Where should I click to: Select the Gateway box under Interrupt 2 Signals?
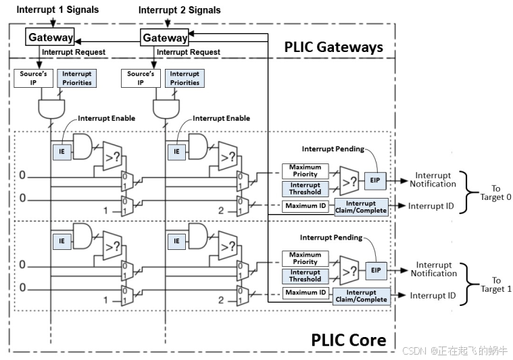pos(164,38)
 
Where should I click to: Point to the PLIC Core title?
pos(349,339)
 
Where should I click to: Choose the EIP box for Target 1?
pos(375,269)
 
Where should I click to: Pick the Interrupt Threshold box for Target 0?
pos(306,188)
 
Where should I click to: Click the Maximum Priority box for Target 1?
pos(306,258)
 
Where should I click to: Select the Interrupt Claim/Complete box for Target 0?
pos(360,207)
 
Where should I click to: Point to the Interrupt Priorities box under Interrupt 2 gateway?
pos(185,78)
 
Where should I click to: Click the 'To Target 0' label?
pos(497,192)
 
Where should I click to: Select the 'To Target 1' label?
pos(497,284)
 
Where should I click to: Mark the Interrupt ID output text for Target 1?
pos(433,296)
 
